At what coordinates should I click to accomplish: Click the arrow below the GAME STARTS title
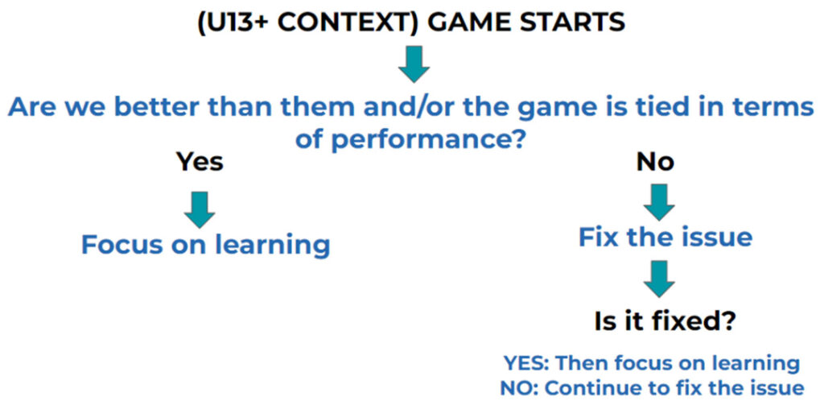coord(414,64)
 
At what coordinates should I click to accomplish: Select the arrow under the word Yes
coord(200,210)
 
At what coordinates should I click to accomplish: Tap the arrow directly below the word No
coord(659,202)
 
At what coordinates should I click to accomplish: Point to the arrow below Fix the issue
coord(659,279)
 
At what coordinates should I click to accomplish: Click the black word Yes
coord(200,163)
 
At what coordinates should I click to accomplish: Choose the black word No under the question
coord(655,163)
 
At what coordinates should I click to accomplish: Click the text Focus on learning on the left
coord(205,245)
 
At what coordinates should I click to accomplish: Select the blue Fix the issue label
coord(665,238)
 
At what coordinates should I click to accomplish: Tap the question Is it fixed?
coord(664,321)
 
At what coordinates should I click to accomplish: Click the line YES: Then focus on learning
coord(652,363)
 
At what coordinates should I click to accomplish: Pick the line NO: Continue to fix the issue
coord(652,388)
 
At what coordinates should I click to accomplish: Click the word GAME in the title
coord(472,23)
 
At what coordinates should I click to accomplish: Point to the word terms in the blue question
coord(776,108)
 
